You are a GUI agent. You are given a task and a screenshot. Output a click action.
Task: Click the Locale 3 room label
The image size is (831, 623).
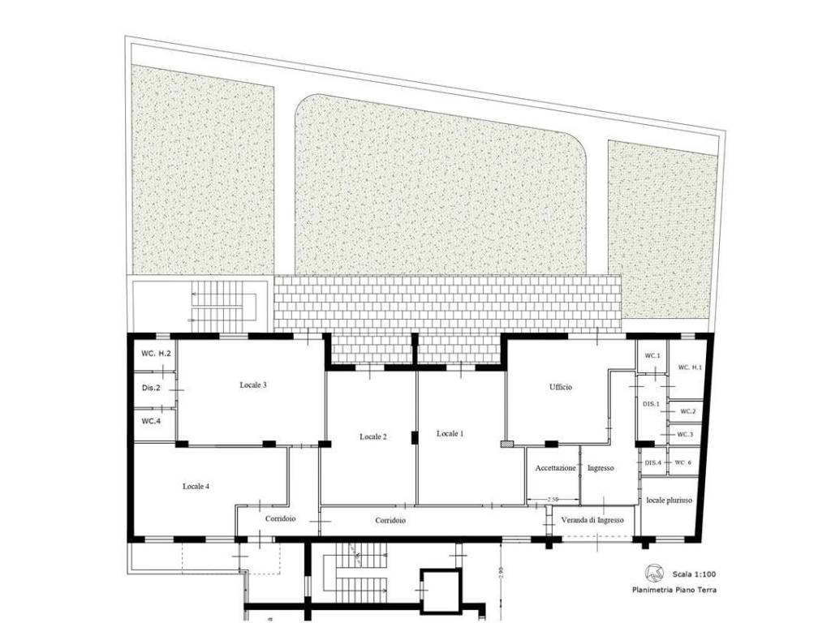tap(253, 385)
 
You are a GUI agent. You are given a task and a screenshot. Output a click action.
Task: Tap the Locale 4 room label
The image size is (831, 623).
tap(196, 487)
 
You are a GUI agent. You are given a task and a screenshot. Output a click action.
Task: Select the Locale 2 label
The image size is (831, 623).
tap(373, 437)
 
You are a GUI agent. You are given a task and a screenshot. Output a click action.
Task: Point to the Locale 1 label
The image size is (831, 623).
tap(450, 434)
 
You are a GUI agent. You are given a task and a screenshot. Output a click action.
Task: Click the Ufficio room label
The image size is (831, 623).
tap(561, 387)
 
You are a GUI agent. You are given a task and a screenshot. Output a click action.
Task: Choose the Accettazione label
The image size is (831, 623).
tap(555, 468)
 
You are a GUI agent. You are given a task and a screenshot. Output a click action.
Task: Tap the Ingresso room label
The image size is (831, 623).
tap(601, 468)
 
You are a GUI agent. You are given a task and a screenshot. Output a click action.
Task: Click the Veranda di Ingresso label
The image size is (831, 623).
tap(592, 520)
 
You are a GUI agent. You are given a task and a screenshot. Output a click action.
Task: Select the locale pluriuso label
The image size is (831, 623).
tap(669, 500)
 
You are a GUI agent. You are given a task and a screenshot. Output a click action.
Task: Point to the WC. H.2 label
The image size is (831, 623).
tap(156, 354)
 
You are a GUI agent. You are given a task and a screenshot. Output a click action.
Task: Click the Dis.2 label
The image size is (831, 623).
tap(151, 388)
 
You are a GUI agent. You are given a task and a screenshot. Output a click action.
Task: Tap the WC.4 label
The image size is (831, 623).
tap(151, 422)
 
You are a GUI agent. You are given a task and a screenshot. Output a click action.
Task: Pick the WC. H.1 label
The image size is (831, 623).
tap(690, 367)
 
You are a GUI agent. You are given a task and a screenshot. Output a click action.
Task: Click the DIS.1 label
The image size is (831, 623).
tap(652, 404)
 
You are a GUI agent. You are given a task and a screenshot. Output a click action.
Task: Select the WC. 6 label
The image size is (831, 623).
tap(683, 462)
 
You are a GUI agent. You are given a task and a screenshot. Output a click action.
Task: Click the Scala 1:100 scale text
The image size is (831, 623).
tap(695, 574)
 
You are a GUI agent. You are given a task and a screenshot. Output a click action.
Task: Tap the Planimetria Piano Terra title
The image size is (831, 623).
tap(674, 590)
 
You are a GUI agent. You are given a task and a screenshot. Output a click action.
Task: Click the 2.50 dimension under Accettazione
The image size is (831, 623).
tap(553, 500)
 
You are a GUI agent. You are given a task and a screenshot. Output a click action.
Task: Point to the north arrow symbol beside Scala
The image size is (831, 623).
tap(655, 573)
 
